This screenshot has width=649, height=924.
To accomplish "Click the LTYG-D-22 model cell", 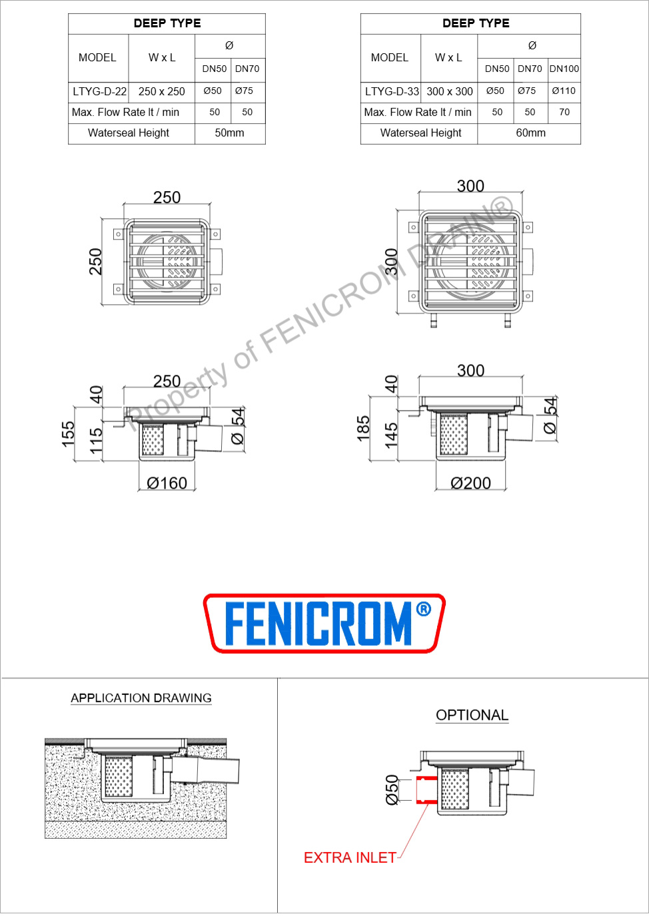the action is click(x=99, y=92).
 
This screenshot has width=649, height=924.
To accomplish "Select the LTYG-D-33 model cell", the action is click(x=392, y=92).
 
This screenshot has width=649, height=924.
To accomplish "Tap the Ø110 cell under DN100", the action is click(x=564, y=91).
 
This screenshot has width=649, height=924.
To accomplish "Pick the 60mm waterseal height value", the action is click(x=530, y=133).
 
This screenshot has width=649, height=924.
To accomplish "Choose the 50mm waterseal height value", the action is click(x=229, y=133).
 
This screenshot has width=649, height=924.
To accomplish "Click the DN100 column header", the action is click(x=564, y=69).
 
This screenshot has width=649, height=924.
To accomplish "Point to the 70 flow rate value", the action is click(x=564, y=113).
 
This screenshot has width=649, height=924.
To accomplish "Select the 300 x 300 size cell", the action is click(x=450, y=92).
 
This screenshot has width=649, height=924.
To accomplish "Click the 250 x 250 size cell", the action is click(x=161, y=92).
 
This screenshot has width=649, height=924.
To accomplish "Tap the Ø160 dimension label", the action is click(x=167, y=483).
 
